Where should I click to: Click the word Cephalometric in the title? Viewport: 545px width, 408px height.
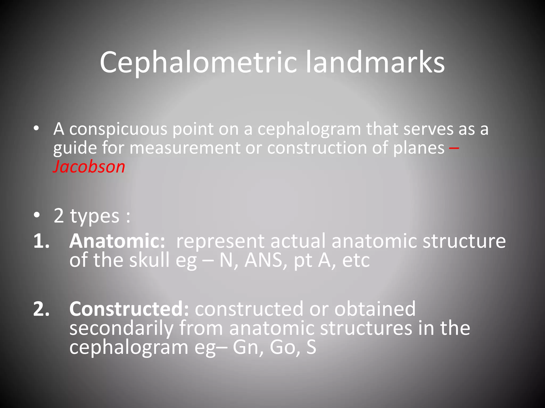click(x=198, y=63)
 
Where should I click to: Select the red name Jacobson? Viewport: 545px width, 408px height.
click(x=89, y=167)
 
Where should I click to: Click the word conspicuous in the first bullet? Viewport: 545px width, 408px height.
click(x=118, y=129)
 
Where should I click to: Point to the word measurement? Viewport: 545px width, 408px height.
click(x=185, y=148)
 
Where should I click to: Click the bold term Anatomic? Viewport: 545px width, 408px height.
click(x=117, y=241)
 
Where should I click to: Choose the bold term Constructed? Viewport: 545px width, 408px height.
click(x=129, y=309)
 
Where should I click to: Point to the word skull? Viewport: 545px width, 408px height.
click(x=149, y=260)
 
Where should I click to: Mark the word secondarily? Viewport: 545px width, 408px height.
click(x=121, y=328)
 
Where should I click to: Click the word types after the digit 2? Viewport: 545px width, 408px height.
click(x=94, y=216)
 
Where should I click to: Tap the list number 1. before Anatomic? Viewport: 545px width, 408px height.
click(x=42, y=241)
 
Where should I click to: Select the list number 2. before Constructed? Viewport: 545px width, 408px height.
click(x=42, y=309)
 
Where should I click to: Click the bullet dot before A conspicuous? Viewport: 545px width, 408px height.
click(x=36, y=129)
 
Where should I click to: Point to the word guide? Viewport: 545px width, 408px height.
click(x=75, y=148)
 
